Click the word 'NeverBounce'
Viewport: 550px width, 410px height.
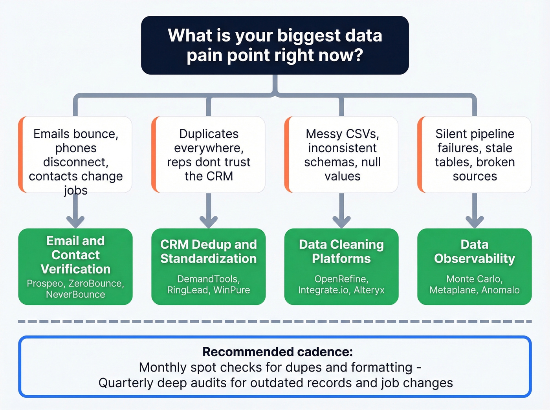(x=75, y=295)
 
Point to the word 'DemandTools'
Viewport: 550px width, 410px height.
(x=207, y=279)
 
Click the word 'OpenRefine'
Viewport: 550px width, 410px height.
(x=341, y=279)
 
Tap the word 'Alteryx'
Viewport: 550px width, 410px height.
(x=369, y=290)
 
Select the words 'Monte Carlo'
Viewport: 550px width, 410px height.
(x=474, y=279)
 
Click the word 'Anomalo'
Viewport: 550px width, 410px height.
(x=500, y=290)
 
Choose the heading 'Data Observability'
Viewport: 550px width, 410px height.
(x=474, y=251)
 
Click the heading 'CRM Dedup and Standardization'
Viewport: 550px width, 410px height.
(x=209, y=251)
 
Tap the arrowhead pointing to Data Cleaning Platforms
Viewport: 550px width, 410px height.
(x=341, y=222)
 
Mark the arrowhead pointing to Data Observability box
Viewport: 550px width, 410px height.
(x=475, y=222)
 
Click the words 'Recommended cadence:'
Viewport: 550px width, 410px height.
(x=277, y=352)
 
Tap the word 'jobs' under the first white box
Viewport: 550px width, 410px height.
(x=75, y=191)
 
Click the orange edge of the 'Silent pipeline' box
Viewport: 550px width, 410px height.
(x=420, y=154)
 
